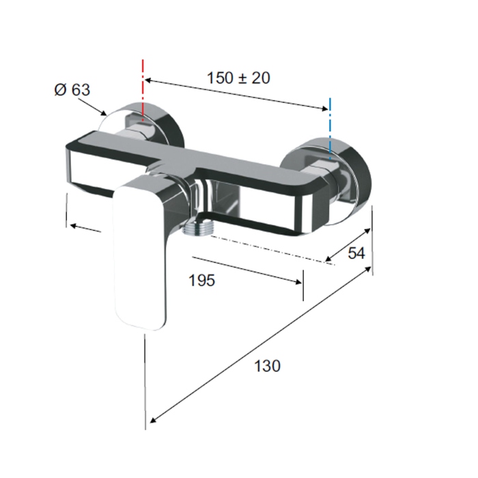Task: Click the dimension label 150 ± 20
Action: pyautogui.click(x=238, y=78)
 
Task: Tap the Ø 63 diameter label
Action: pyautogui.click(x=72, y=89)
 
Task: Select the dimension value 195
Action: pyautogui.click(x=202, y=280)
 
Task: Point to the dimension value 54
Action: pyautogui.click(x=356, y=253)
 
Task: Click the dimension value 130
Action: pyautogui.click(x=267, y=366)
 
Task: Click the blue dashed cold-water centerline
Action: pyautogui.click(x=330, y=128)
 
